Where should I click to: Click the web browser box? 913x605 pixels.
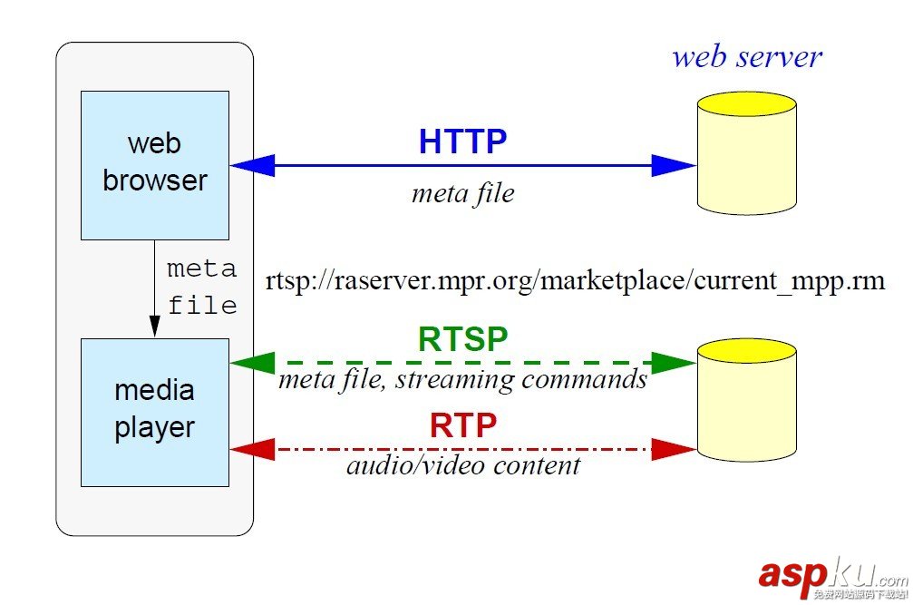pos(154,164)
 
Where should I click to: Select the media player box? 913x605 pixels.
pos(154,412)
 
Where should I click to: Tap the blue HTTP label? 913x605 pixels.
pos(462,141)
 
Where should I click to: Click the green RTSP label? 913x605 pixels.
pos(462,339)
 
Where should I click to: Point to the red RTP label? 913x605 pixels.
pos(462,425)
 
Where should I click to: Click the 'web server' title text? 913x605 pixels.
pos(746,56)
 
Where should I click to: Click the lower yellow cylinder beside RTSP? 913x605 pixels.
pos(746,399)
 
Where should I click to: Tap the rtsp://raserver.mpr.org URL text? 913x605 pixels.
pos(575,280)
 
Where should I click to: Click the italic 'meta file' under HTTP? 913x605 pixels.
pos(462,193)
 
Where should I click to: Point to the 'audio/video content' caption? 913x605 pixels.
pos(462,466)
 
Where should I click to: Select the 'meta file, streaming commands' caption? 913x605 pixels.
pos(462,379)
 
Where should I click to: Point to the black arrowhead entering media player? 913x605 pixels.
pos(154,327)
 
